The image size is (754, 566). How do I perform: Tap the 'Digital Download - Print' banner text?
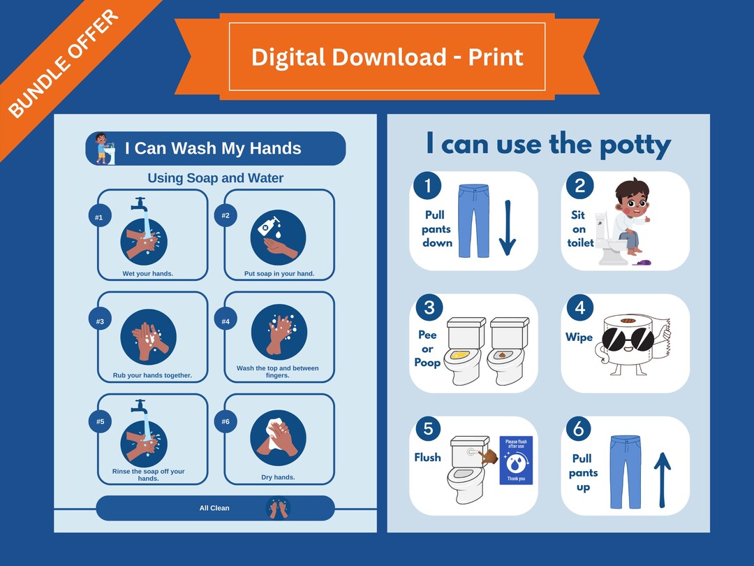387,57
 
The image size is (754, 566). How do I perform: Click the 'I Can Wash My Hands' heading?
213,148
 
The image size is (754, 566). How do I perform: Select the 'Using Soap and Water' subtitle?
215,178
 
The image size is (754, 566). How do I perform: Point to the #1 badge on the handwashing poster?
99,217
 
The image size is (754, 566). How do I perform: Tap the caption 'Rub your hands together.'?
152,375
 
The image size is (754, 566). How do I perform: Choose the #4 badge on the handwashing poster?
226,321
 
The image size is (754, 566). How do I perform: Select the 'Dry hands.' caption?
278,477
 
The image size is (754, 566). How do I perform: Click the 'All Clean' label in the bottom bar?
214,508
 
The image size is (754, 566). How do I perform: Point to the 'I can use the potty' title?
548,145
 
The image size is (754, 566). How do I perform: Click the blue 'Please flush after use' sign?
516,460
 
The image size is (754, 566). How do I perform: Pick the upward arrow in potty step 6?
662,479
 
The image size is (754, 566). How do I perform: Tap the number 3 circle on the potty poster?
429,307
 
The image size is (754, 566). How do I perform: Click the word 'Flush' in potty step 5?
427,457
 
